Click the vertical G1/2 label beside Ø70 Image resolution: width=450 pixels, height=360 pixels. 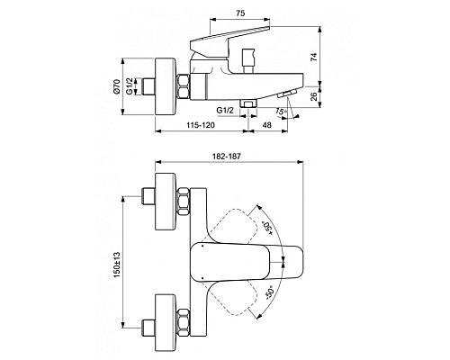pyautogui.click(x=131, y=88)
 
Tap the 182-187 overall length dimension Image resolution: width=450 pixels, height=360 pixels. pyautogui.click(x=229, y=157)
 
